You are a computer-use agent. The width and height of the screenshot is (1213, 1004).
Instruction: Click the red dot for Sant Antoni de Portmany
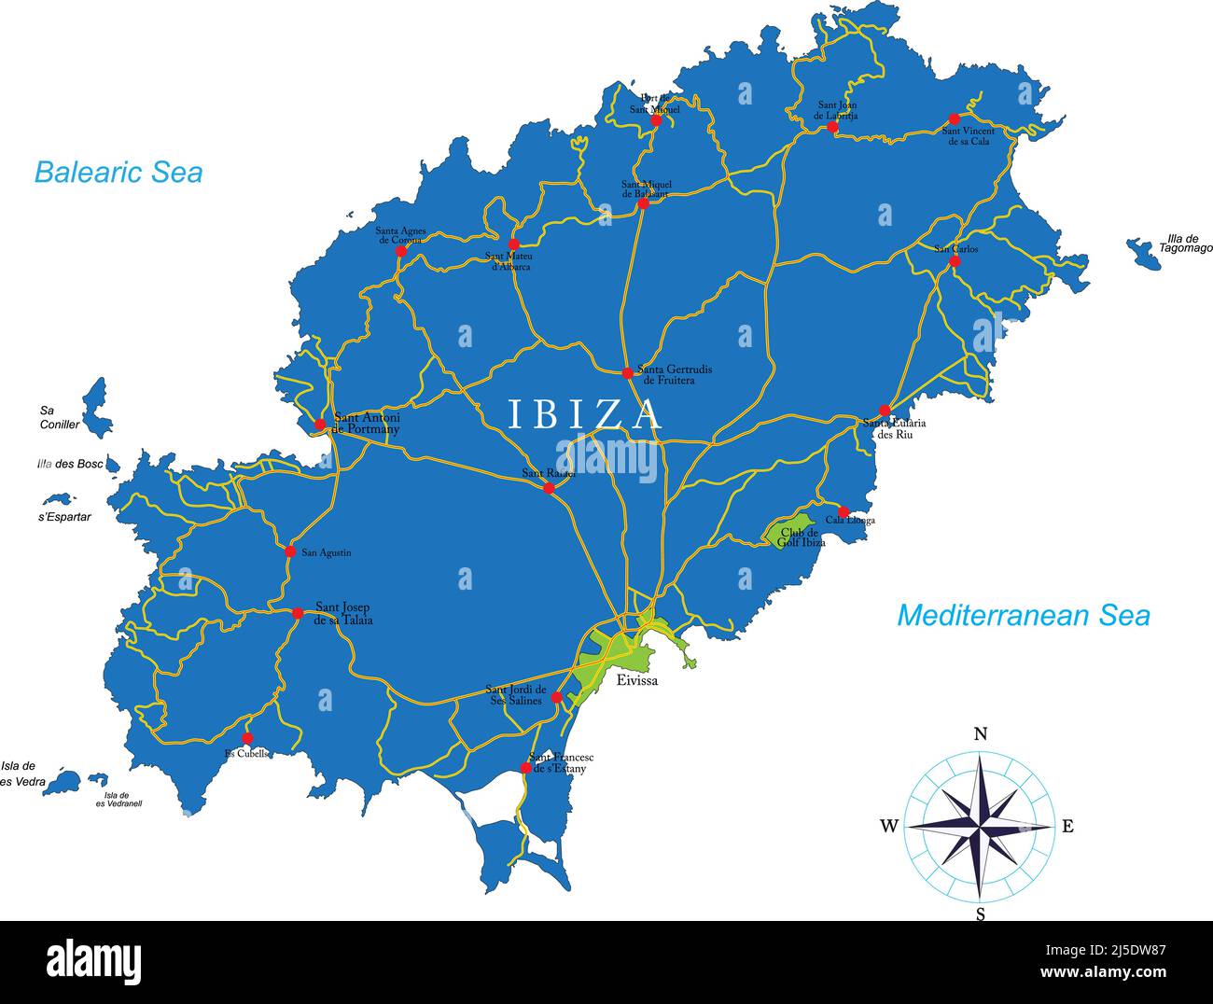click(320, 425)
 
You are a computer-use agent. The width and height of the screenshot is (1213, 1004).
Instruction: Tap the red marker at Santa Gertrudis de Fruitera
click(627, 373)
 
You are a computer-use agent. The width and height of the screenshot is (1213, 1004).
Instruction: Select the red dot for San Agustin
click(290, 551)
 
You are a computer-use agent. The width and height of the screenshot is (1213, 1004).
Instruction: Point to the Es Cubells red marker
click(247, 738)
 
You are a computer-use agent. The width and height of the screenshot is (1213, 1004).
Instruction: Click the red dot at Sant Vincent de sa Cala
click(954, 119)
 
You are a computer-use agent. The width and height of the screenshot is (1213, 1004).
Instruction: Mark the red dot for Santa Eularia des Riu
click(884, 411)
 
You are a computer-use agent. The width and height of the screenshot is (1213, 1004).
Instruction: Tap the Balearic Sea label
click(119, 172)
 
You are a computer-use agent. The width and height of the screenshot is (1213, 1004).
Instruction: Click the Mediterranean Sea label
click(1023, 615)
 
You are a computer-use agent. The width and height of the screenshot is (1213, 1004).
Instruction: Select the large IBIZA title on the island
click(585, 414)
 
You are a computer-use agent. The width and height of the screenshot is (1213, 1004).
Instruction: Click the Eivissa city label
click(637, 680)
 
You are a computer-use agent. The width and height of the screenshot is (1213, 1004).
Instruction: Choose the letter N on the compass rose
click(981, 733)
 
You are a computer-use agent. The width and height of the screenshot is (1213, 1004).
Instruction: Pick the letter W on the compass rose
click(888, 826)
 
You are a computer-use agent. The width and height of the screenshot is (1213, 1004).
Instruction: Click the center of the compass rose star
click(980, 826)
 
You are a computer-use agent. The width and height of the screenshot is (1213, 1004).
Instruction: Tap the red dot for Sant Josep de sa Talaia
click(298, 613)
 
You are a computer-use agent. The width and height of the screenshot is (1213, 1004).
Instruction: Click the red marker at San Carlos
click(955, 261)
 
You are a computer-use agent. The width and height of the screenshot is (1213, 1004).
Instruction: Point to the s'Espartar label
click(64, 516)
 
